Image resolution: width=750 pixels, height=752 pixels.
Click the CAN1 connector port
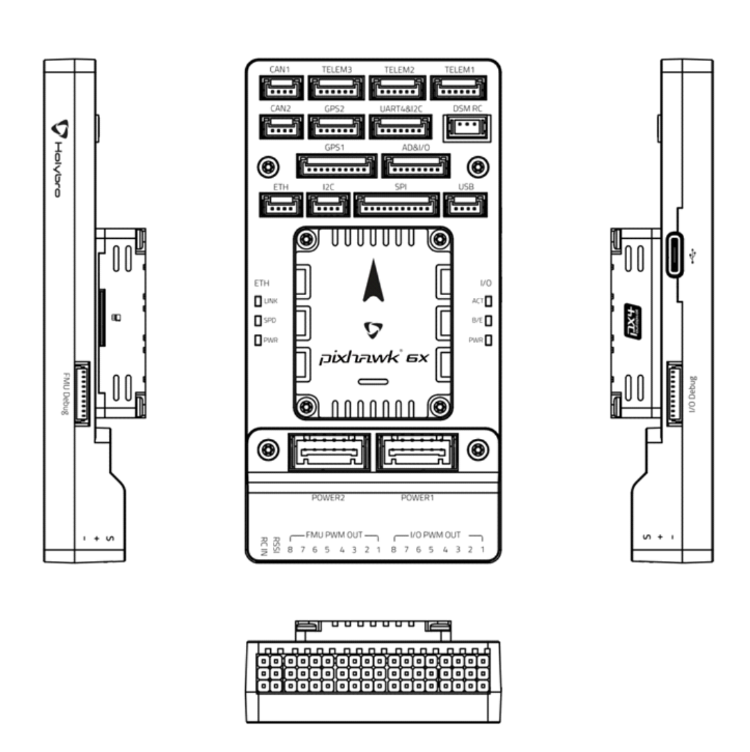pyautogui.click(x=281, y=89)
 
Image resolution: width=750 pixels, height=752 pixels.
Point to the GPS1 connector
pyautogui.click(x=337, y=166)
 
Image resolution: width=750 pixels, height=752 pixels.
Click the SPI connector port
pyautogui.click(x=397, y=205)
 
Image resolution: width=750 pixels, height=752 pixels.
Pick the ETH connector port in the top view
pyautogui.click(x=281, y=205)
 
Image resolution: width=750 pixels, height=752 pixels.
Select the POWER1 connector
pyautogui.click(x=417, y=453)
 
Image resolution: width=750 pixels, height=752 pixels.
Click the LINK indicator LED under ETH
pyautogui.click(x=258, y=301)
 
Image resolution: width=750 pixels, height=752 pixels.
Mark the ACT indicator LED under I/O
pyautogui.click(x=489, y=301)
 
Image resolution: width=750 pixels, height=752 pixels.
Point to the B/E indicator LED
pyautogui.click(x=489, y=321)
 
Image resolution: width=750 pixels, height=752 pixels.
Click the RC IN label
pyautogui.click(x=264, y=546)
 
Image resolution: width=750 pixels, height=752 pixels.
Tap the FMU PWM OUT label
pyautogui.click(x=333, y=535)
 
